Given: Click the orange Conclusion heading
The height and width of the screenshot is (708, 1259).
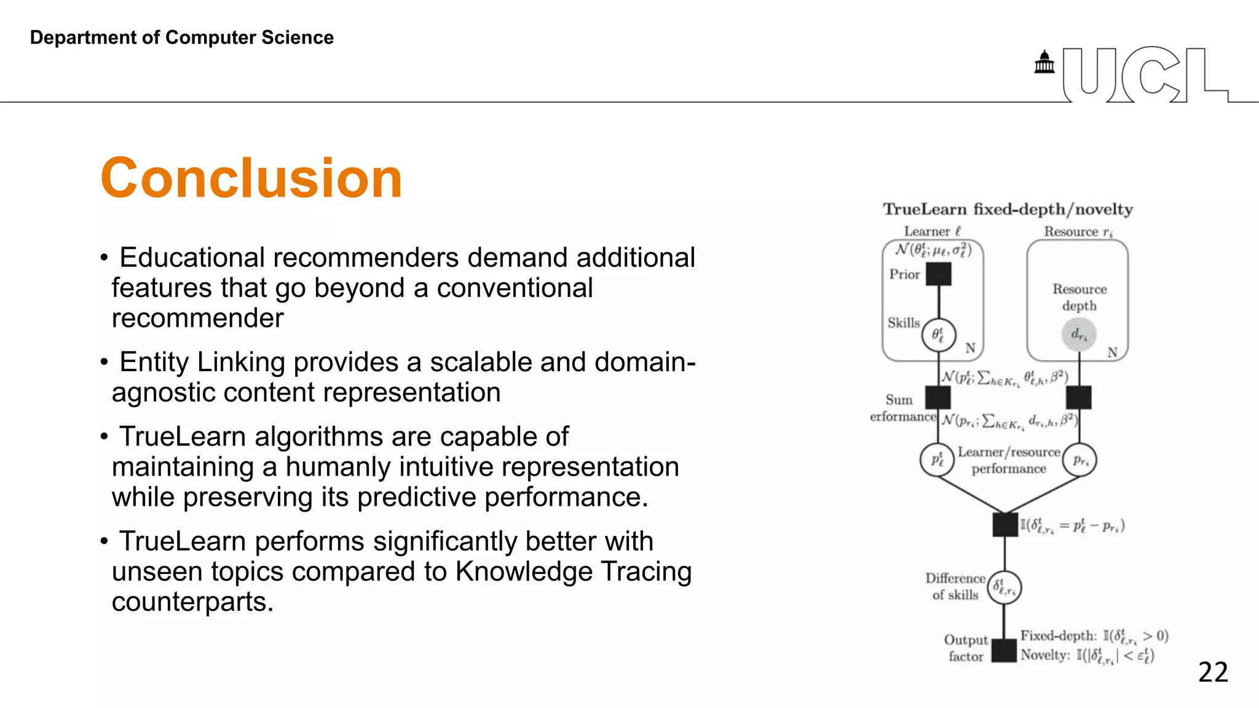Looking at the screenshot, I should [251, 178].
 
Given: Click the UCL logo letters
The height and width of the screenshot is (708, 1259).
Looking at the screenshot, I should [1145, 75].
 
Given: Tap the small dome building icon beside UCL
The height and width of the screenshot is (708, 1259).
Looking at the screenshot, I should [1044, 62].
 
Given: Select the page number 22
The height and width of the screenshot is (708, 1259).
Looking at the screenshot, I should [1213, 672].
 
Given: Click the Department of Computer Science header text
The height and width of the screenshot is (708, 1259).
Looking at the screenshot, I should [181, 37].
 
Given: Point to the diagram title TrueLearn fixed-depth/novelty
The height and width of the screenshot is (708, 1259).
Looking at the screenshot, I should [1008, 210].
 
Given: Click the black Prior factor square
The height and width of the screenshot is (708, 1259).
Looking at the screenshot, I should [938, 274].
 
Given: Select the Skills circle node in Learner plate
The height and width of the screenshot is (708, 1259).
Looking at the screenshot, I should [938, 335].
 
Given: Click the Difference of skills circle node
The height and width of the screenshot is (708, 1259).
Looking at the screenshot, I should [1004, 588].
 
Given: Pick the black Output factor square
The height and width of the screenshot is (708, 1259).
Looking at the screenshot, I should [1004, 650].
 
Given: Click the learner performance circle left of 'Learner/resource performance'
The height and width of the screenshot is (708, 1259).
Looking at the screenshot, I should [937, 460].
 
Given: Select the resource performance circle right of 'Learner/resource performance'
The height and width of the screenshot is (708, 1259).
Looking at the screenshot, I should [1080, 460].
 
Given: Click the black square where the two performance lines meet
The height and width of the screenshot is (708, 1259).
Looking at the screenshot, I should [1005, 524].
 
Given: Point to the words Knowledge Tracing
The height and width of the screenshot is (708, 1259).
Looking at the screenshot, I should [573, 572].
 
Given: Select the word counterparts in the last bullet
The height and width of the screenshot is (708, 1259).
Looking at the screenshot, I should [192, 602].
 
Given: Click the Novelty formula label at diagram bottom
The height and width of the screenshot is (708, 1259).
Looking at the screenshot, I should [1086, 656].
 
